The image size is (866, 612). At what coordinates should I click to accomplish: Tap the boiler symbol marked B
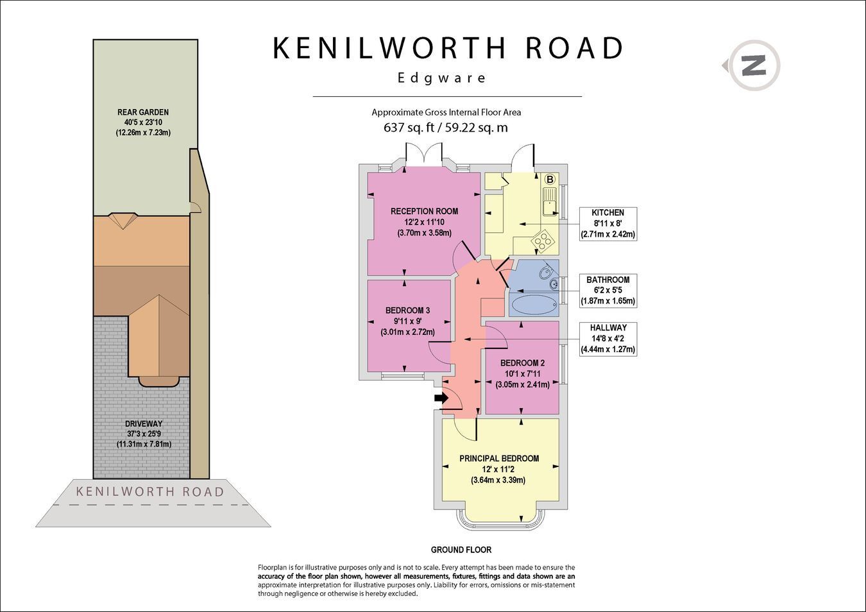[x=550, y=179]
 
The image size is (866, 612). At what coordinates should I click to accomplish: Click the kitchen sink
[x=550, y=202]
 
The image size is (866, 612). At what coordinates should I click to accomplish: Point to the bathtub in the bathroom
[x=534, y=305]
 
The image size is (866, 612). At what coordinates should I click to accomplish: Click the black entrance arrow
[x=441, y=398]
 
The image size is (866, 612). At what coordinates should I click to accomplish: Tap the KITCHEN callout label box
[x=607, y=223]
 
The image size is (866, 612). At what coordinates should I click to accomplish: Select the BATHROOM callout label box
[x=607, y=291]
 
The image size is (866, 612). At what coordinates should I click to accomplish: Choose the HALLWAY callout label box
[x=607, y=339]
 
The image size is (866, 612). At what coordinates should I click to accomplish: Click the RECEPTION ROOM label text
[x=424, y=211]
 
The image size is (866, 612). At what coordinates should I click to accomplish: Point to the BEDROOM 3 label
[x=407, y=310]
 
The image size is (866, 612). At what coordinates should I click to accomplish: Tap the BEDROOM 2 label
[x=522, y=362]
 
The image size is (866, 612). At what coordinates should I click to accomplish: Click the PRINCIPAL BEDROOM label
[x=498, y=459]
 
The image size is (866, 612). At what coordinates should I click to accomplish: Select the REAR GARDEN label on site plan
[x=143, y=112]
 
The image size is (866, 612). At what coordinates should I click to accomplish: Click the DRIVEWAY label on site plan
[x=144, y=424]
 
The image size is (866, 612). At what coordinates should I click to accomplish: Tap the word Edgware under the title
[x=441, y=78]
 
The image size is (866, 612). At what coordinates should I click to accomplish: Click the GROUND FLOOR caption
[x=461, y=549]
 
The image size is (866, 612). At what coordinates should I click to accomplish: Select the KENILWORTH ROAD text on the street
[x=150, y=492]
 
